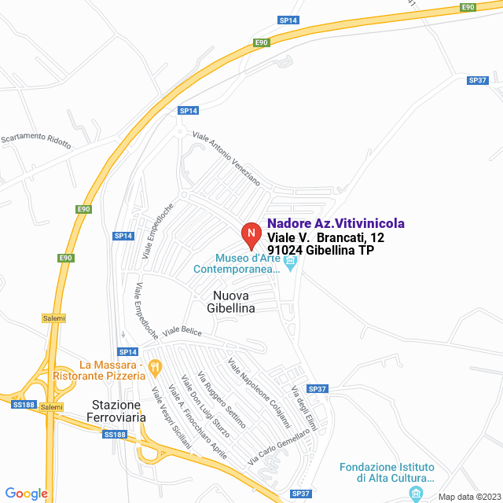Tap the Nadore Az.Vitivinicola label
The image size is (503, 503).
pos(336,224)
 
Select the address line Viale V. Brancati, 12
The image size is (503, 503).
pos(325,237)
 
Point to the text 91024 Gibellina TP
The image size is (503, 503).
pos(321,251)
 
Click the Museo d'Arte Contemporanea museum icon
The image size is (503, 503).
pos(291,264)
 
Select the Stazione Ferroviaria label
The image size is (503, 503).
pos(116,411)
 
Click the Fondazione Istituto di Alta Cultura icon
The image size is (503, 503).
pos(416,493)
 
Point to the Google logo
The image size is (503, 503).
pos(27,494)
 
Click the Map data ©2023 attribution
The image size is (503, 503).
pos(467,497)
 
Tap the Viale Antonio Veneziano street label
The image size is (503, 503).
pos(226,157)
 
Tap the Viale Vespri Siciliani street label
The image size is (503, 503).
pos(171,417)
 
